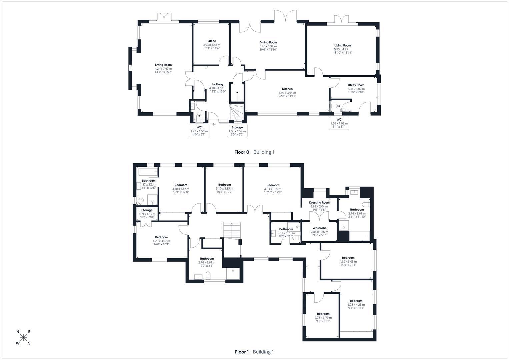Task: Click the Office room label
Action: coord(212,41)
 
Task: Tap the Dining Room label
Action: coord(268,42)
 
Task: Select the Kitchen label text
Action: coord(287,89)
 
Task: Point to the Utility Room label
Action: coord(356,85)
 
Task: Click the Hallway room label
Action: coord(218,84)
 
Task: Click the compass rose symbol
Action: coord(23,337)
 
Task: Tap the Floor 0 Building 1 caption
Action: coord(254,152)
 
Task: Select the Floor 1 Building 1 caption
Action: coord(254,352)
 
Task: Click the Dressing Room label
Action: coord(319,203)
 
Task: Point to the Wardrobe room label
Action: coord(319,228)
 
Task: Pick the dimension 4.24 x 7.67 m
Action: coord(163,69)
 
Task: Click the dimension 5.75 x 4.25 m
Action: coord(343,49)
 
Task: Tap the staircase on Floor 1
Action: coord(231,230)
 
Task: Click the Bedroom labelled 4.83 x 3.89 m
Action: coord(273,185)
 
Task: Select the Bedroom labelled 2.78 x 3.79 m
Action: coord(323,314)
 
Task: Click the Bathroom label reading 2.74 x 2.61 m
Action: coord(207,259)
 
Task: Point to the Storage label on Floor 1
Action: coord(147,210)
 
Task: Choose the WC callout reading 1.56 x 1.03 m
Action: coord(339,123)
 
